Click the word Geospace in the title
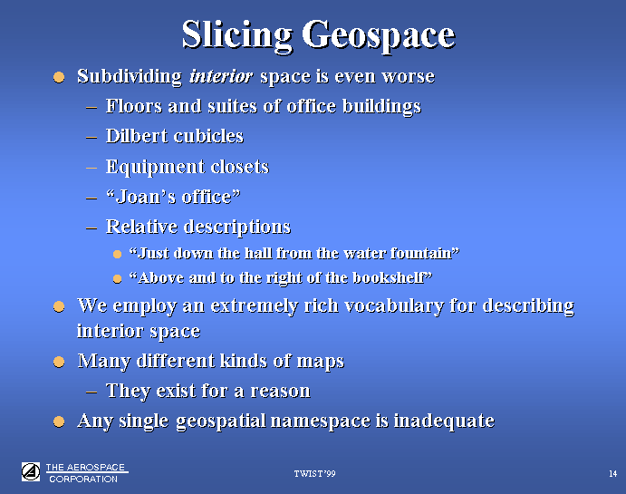point(379,36)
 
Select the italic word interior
point(221,75)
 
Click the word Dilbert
point(137,136)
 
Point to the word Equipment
point(155,167)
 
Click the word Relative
point(141,226)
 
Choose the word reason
point(281,391)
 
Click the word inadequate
point(444,421)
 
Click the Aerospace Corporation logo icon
point(31,471)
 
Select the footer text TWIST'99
point(314,474)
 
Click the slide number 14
point(612,474)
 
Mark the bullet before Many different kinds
point(59,362)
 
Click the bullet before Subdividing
point(59,77)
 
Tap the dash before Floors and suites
point(91,107)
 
